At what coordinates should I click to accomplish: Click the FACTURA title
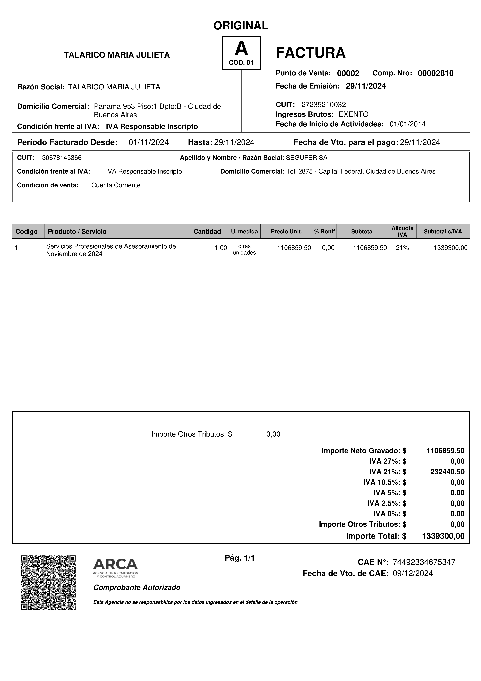[x=311, y=53]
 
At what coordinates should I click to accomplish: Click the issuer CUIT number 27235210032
[x=324, y=104]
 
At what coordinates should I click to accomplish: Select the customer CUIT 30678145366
[x=62, y=158]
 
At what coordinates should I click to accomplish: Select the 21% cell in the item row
[x=402, y=248]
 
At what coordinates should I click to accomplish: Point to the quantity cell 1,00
[x=221, y=248]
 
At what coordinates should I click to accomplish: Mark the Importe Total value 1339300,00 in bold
[x=443, y=536]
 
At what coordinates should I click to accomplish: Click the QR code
[x=48, y=582]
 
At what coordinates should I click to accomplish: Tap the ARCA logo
[x=116, y=568]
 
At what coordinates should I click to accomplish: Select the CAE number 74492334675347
[x=424, y=562]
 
